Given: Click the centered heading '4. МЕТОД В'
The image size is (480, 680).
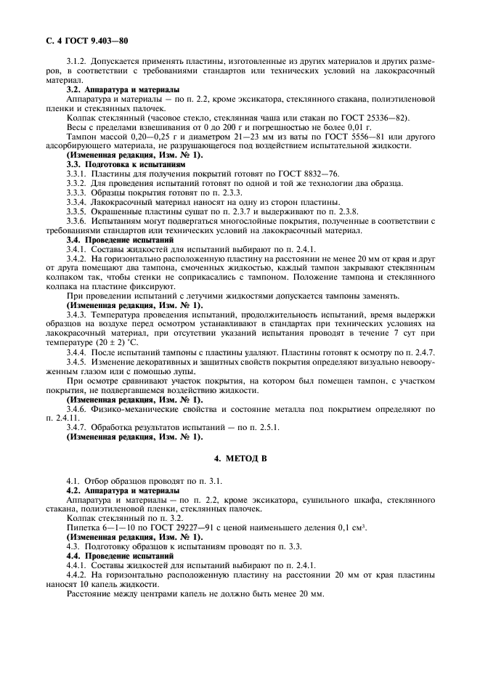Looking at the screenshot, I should (240, 461).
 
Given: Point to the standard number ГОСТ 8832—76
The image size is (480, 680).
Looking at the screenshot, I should (259, 174).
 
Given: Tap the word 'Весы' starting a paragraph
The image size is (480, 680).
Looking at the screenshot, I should (77, 127).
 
